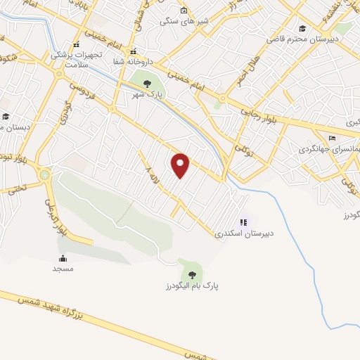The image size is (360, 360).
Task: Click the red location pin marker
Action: click(x=181, y=165)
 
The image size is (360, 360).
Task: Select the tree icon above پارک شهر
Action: click(x=146, y=84)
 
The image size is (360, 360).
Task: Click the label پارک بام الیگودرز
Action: click(x=189, y=286)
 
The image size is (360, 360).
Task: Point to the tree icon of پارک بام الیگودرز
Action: click(x=190, y=274)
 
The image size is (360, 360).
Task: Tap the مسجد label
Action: click(x=63, y=269)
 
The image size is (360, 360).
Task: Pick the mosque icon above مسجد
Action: click(x=63, y=258)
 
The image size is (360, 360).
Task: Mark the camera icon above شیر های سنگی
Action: click(x=184, y=11)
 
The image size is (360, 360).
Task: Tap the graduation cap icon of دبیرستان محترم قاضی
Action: click(x=302, y=28)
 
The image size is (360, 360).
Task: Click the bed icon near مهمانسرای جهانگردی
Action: click(x=332, y=138)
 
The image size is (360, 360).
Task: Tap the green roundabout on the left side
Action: click(x=46, y=174)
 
